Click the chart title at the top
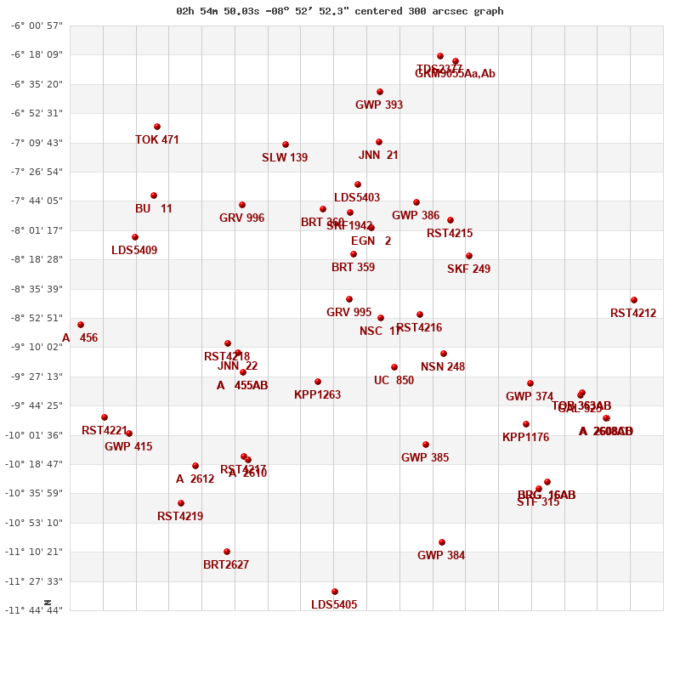click(339, 11)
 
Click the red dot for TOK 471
click(157, 127)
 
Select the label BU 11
click(154, 209)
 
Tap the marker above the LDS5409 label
click(135, 237)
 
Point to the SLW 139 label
click(285, 158)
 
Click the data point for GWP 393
click(380, 92)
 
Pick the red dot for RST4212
click(634, 300)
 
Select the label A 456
click(80, 338)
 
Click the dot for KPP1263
click(318, 382)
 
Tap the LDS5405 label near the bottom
click(334, 605)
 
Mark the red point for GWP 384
click(442, 542)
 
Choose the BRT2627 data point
click(227, 552)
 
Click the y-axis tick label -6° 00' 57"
click(37, 26)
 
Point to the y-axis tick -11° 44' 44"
click(37, 610)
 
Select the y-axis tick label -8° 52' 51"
click(37, 318)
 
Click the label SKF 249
click(468, 269)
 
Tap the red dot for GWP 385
click(426, 445)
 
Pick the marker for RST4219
click(181, 503)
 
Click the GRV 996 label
click(241, 218)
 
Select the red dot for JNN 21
click(379, 142)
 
